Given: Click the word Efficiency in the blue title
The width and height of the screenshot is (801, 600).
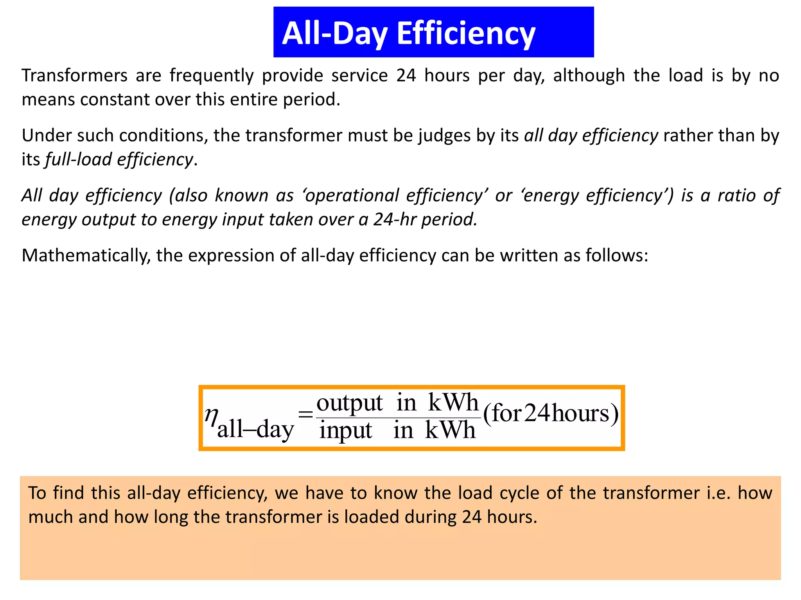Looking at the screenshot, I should [x=466, y=34].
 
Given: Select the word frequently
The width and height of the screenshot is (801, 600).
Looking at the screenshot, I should [x=212, y=75].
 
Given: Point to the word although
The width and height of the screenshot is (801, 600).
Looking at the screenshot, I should [x=589, y=75].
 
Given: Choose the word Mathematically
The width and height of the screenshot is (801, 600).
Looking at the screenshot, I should [x=86, y=256].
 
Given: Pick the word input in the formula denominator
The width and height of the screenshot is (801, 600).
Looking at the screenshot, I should [x=346, y=431].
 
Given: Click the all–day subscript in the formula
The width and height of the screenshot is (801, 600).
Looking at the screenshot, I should [x=255, y=430].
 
